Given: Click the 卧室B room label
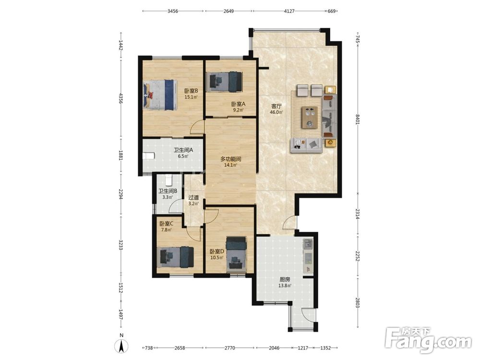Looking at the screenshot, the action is point(191,91).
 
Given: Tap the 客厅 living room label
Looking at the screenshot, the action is point(276,106).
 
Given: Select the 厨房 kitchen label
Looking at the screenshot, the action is point(285,279).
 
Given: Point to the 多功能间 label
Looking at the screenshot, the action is point(231,159).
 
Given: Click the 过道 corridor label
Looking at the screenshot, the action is point(193,198).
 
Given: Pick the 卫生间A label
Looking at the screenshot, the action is point(183,150).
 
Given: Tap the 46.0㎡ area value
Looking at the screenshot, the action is point(276,112).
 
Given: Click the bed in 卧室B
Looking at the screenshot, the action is point(160,95).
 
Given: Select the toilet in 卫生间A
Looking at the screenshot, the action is point(149,156).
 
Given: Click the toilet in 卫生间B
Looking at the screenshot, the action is point(168,180).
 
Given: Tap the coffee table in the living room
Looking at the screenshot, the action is point(310,117).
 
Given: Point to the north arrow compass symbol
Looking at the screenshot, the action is point(121,347).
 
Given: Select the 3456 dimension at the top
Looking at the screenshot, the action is point(173,11).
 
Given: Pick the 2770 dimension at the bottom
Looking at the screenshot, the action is point(229,348).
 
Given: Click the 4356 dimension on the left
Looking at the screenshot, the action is point(121,98).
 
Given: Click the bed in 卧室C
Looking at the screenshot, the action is point(175,257).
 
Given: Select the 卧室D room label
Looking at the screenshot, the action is point(217,252).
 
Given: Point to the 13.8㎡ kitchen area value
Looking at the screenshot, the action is point(285,286).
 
